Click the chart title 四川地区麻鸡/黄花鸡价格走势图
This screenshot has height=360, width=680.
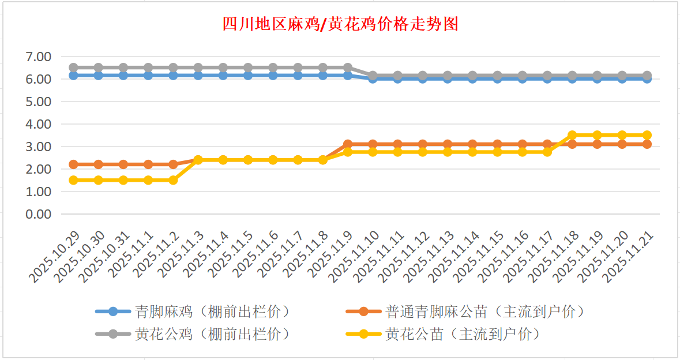(340, 24)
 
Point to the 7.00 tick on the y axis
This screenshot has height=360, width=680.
(39, 57)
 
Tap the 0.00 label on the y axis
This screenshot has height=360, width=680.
(39, 214)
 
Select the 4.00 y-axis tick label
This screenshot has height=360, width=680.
(39, 124)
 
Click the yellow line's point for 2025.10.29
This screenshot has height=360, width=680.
(73, 180)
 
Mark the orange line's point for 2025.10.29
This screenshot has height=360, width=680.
(73, 164)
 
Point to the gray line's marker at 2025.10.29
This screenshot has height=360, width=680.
(73, 67)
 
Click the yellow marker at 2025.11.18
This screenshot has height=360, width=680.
(572, 135)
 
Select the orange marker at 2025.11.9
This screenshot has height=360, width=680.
(348, 144)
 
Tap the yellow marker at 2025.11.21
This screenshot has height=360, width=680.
(647, 135)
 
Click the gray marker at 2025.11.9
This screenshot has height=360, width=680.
(348, 67)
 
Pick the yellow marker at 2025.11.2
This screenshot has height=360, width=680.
(173, 180)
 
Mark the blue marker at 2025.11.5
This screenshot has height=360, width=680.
(248, 76)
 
